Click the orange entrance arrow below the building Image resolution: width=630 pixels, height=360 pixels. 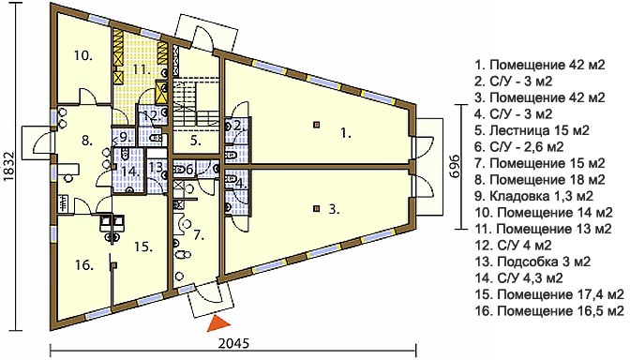point(217,323)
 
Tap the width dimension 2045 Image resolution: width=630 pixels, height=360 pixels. point(233,343)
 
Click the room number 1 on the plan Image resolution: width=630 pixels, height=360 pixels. point(346,133)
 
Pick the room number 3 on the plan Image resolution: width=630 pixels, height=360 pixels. point(335,209)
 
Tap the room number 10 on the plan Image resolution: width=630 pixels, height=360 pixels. point(83,55)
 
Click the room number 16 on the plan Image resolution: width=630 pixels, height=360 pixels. point(84,265)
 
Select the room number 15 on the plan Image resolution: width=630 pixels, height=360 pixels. point(143,247)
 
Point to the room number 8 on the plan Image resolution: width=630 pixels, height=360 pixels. point(87,141)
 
